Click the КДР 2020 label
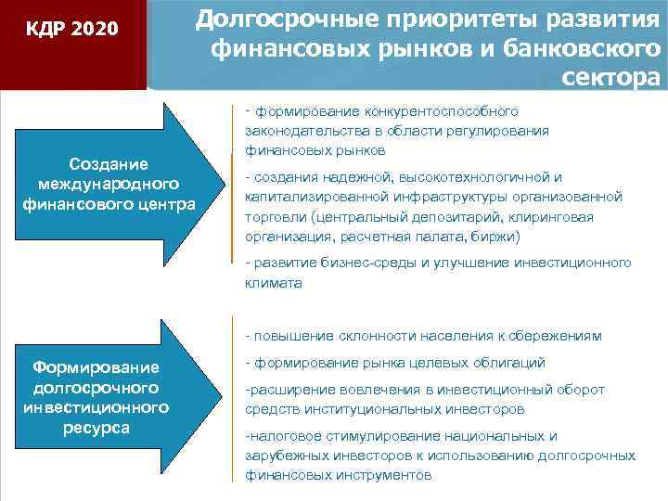tap(72, 30)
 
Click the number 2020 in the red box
tap(94, 30)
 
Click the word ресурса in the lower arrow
tap(97, 428)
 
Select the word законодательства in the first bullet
tap(301, 132)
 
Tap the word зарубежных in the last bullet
tap(288, 456)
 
